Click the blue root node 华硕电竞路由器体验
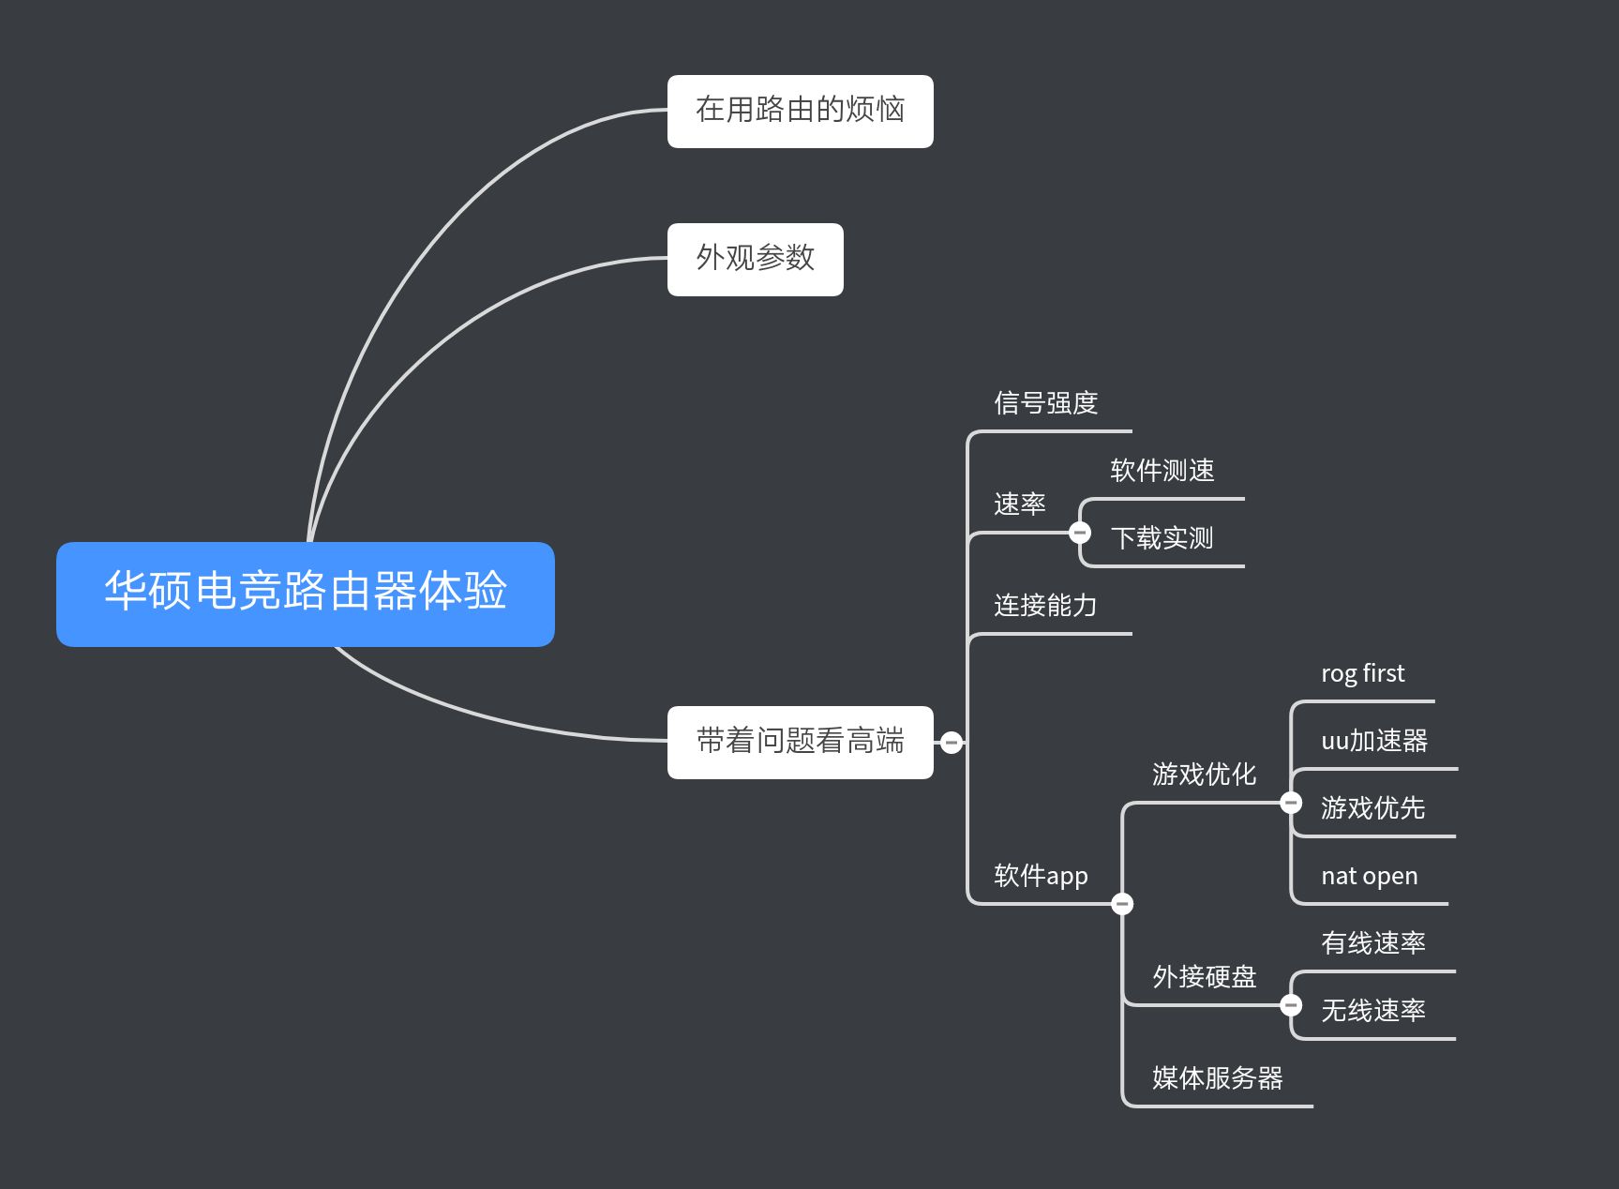click(x=306, y=594)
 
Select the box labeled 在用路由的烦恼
click(x=800, y=111)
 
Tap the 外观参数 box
click(x=755, y=259)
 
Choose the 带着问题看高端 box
click(x=800, y=742)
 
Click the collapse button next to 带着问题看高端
click(x=952, y=743)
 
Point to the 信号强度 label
click(x=1046, y=403)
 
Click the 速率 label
click(x=1020, y=504)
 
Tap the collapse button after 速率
click(x=1080, y=533)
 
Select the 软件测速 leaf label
click(x=1162, y=471)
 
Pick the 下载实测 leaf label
click(x=1162, y=538)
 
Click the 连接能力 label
click(x=1045, y=606)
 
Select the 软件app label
click(x=1041, y=876)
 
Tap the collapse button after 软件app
click(x=1122, y=904)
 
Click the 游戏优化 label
click(x=1205, y=775)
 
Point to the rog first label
click(x=1363, y=673)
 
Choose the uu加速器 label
click(x=1374, y=741)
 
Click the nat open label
click(x=1370, y=876)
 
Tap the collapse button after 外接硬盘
click(x=1291, y=1005)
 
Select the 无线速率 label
click(x=1373, y=1011)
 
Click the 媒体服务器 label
click(x=1218, y=1078)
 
